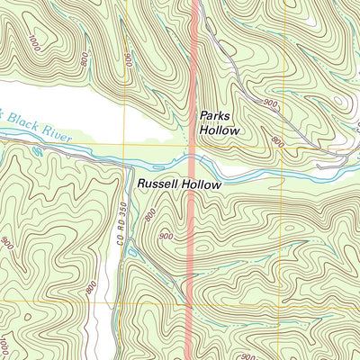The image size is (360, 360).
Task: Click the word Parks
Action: (x=217, y=116)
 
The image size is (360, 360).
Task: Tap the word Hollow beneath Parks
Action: (x=220, y=130)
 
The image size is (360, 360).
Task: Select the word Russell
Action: (x=157, y=184)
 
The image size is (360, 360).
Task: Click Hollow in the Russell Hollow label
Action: (x=201, y=184)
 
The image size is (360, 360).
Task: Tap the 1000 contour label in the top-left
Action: (x=35, y=42)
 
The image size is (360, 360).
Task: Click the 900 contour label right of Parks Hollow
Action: (x=271, y=104)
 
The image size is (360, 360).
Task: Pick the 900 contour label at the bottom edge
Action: (x=247, y=356)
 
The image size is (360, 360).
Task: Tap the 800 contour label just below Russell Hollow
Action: (x=149, y=214)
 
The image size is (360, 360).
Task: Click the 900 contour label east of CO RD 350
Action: (x=165, y=236)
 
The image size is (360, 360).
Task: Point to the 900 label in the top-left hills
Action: (x=130, y=59)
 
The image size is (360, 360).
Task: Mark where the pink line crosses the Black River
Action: (x=193, y=165)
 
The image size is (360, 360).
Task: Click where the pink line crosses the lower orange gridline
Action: (x=193, y=301)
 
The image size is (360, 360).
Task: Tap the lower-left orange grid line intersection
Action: (x=126, y=301)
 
